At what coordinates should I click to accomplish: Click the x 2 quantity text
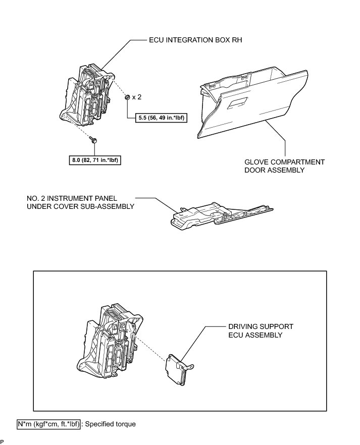137,97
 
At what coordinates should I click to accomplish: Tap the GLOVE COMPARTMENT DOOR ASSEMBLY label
284,166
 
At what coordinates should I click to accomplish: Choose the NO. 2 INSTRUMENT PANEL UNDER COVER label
81,201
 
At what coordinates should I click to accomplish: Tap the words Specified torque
111,424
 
